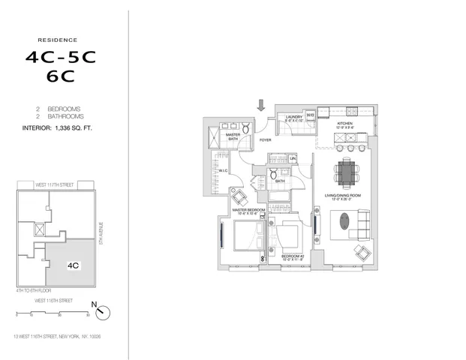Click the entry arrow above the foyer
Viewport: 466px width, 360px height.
click(261, 106)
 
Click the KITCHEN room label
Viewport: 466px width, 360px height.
click(344, 123)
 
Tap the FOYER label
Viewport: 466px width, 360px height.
click(265, 139)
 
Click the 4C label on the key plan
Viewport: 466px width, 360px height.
click(74, 265)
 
